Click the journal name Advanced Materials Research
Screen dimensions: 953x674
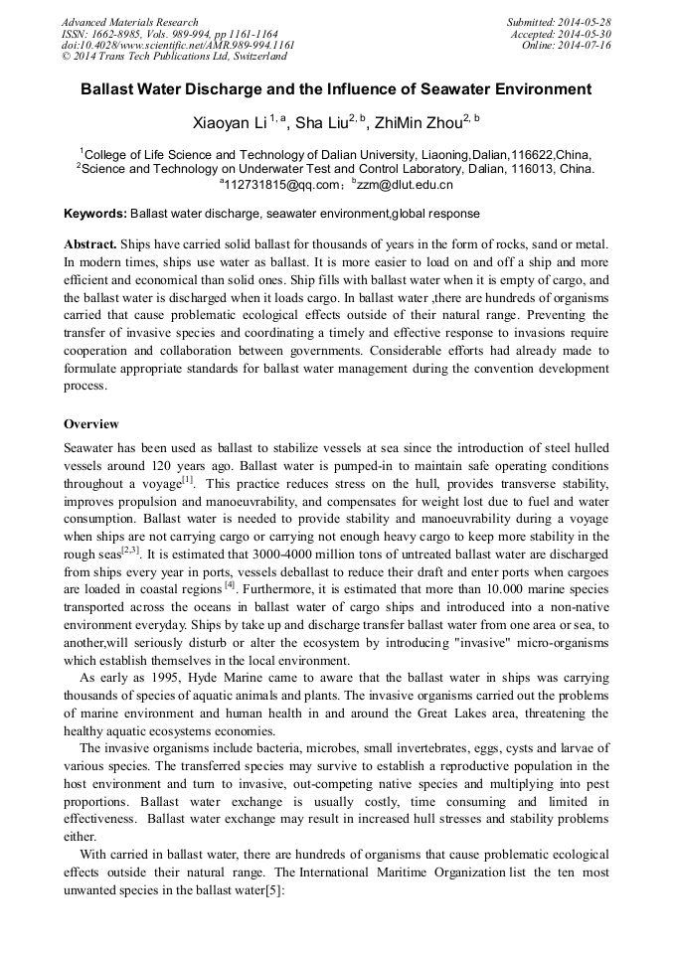click(129, 22)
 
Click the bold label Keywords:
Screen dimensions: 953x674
click(94, 214)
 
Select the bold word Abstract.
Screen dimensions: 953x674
click(90, 244)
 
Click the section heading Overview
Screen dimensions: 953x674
click(91, 424)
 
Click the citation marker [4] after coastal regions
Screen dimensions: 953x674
click(230, 586)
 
